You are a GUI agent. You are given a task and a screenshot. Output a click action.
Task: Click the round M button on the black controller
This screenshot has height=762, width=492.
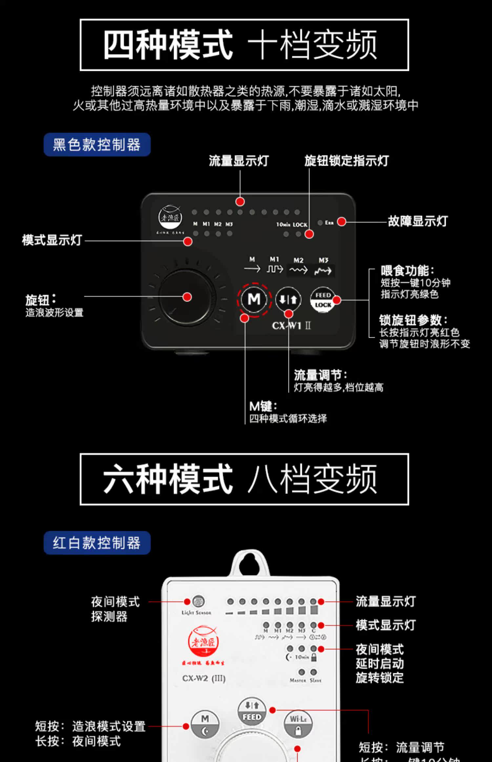(x=254, y=299)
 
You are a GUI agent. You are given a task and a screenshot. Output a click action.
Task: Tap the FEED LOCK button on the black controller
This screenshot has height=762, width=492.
(x=322, y=300)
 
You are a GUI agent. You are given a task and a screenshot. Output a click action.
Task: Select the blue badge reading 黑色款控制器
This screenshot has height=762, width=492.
(x=97, y=145)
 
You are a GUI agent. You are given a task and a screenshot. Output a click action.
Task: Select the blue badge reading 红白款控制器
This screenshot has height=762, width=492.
(x=97, y=543)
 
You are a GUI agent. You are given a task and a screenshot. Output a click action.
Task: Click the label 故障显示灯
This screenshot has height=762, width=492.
(x=418, y=221)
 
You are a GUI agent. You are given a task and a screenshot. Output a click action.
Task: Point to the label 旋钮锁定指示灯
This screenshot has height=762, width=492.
(x=346, y=161)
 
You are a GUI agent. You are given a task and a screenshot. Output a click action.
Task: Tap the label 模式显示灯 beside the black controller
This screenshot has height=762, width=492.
(x=52, y=240)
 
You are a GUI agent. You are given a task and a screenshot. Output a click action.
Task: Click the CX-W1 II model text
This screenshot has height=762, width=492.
(x=291, y=326)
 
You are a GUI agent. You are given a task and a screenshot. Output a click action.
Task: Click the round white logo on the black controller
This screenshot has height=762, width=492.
(x=170, y=217)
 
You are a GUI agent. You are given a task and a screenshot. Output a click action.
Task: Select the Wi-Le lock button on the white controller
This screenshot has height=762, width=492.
(x=298, y=724)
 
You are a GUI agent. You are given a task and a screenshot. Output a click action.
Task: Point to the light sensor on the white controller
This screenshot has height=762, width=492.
(x=198, y=602)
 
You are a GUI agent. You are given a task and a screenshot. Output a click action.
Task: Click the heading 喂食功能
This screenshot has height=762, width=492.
(x=407, y=271)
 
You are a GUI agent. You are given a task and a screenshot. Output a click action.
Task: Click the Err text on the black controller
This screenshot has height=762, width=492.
(x=329, y=223)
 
